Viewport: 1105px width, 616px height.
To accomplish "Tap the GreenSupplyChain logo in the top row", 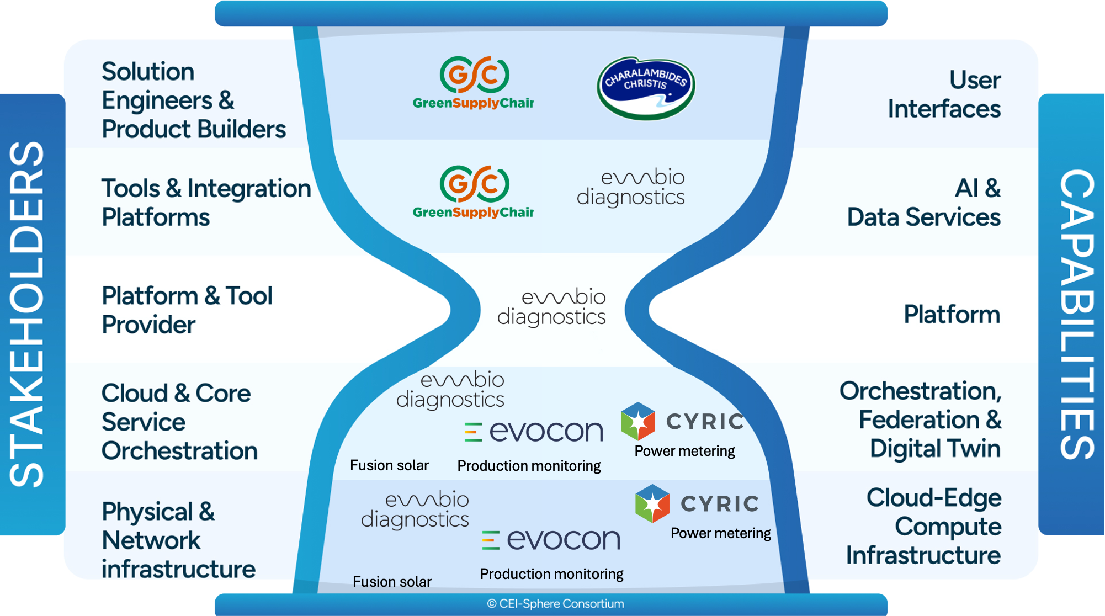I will (474, 83).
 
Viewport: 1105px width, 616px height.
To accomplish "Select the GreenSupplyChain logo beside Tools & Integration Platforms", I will (474, 192).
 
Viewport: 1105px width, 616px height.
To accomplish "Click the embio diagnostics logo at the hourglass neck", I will (552, 307).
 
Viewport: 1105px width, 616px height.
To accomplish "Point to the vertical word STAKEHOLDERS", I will (28, 315).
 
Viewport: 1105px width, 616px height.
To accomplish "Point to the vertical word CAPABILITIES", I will (1076, 315).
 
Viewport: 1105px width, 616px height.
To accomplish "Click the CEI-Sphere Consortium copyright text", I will (555, 604).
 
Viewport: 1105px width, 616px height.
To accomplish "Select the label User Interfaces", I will (944, 94).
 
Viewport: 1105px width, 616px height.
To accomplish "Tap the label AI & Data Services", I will (924, 203).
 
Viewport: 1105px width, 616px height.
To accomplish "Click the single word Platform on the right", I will (951, 314).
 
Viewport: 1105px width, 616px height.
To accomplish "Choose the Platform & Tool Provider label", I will (187, 310).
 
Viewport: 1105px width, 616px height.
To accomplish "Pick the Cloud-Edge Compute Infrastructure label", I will (923, 526).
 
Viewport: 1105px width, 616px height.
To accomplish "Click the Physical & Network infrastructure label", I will (178, 540).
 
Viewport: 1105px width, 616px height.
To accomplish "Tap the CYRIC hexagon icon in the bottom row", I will (652, 503).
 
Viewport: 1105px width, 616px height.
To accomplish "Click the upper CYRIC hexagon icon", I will (637, 421).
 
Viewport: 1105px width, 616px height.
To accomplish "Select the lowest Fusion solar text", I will (392, 581).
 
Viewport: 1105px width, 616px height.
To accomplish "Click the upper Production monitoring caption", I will (529, 466).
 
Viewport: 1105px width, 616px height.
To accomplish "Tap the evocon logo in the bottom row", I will (551, 539).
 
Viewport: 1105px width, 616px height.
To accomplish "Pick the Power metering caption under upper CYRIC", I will (684, 451).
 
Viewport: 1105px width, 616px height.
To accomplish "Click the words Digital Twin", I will (934, 448).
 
